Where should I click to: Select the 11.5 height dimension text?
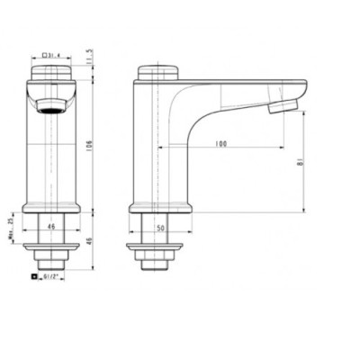(89, 57)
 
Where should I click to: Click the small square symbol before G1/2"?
(35, 277)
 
